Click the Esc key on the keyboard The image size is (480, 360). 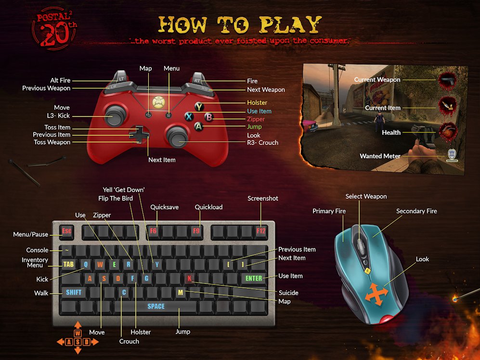click(x=67, y=231)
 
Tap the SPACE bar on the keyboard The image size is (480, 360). click(x=156, y=307)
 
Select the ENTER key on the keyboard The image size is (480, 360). click(x=254, y=278)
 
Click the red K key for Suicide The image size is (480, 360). click(x=190, y=278)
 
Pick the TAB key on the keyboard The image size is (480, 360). click(x=68, y=264)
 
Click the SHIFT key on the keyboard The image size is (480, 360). click(x=74, y=292)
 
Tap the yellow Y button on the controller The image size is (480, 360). click(x=199, y=107)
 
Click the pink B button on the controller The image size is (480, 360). click(x=209, y=116)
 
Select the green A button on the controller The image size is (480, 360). click(x=198, y=126)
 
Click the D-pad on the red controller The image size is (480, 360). click(x=139, y=135)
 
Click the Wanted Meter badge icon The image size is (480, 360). click(x=452, y=155)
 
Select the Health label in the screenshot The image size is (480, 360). click(x=391, y=132)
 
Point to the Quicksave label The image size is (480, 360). click(x=164, y=207)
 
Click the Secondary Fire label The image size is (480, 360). click(x=416, y=211)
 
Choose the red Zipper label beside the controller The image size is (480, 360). click(x=256, y=119)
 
